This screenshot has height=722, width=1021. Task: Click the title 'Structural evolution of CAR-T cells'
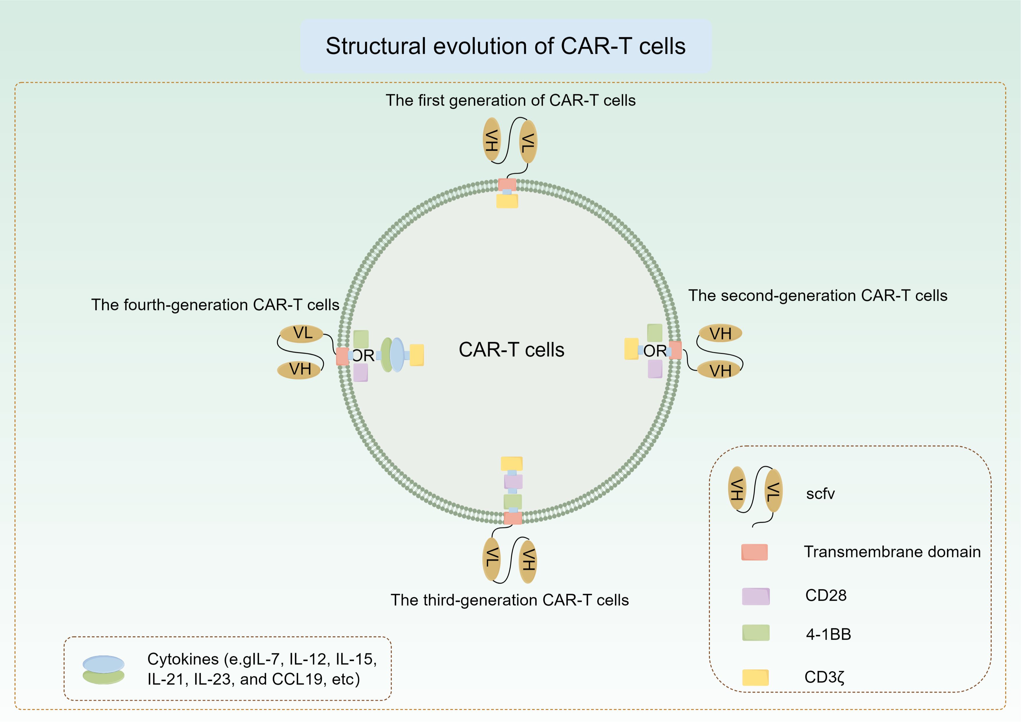click(506, 46)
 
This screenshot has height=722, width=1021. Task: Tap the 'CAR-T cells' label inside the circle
click(512, 350)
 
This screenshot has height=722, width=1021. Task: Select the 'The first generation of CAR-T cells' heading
click(510, 100)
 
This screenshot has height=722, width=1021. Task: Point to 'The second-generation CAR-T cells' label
click(818, 296)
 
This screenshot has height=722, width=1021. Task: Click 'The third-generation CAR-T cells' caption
click(509, 600)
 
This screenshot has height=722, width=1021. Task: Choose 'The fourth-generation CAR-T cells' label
click(215, 305)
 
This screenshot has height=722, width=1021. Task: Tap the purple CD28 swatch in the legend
click(756, 596)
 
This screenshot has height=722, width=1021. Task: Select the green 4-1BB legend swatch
click(756, 633)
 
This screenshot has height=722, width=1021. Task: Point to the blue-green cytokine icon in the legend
click(104, 670)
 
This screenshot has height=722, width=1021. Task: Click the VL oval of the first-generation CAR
click(528, 142)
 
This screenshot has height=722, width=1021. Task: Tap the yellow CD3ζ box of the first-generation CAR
click(507, 201)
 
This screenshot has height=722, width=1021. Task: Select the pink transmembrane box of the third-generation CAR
click(513, 518)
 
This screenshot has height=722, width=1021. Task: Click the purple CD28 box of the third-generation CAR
click(513, 481)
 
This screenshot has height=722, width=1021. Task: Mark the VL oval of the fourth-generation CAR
click(301, 333)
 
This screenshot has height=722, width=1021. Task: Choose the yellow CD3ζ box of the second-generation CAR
click(631, 349)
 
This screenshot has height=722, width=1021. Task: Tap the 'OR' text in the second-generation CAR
click(655, 351)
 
